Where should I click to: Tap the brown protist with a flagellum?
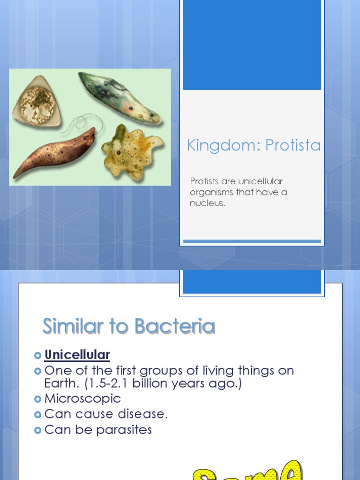54,153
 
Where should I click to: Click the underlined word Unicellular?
77,355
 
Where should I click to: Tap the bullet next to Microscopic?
38,399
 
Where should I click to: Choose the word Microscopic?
82,399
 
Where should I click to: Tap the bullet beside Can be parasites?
38,430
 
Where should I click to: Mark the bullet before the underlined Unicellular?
38,355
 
